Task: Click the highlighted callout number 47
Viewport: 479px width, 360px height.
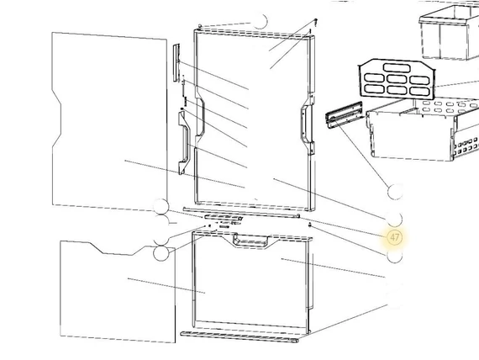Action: click(395, 237)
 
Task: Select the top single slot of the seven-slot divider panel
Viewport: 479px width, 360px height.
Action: click(395, 67)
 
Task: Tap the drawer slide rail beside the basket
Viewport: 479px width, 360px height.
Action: click(345, 114)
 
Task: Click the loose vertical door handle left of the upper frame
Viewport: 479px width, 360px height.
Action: click(184, 142)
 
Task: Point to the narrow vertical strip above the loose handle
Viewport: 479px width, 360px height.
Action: click(176, 63)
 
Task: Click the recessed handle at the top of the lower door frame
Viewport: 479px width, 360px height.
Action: click(250, 240)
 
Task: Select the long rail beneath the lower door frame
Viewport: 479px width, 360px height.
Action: click(239, 336)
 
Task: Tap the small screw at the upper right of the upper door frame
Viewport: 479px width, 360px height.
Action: click(316, 22)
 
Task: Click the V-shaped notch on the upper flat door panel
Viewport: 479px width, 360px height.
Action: click(57, 118)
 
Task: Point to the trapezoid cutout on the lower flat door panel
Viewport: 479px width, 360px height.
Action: click(118, 248)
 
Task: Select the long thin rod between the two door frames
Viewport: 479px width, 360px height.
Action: click(241, 212)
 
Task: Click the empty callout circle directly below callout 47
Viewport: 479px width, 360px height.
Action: click(395, 256)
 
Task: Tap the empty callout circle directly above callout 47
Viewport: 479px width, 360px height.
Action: click(395, 219)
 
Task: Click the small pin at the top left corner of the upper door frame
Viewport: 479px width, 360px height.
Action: click(200, 26)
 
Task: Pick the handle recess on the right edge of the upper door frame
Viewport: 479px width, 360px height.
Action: click(307, 129)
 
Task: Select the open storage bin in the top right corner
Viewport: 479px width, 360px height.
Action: click(449, 34)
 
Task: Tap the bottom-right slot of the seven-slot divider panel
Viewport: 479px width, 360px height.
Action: click(419, 91)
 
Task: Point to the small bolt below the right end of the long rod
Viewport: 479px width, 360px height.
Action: click(310, 225)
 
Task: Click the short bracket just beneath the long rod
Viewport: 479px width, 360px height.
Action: click(223, 218)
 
